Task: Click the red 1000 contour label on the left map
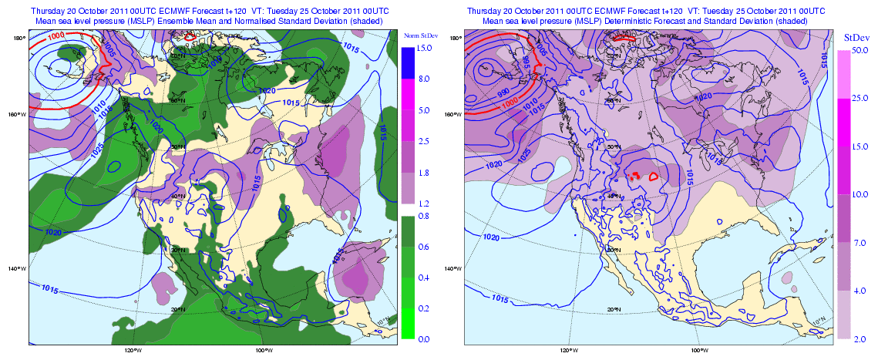pos(56,35)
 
